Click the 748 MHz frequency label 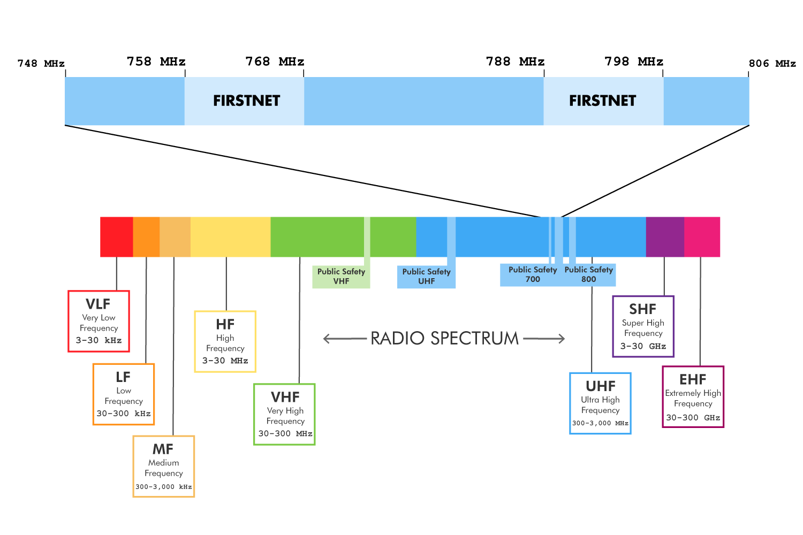click(41, 64)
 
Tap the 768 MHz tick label click(275, 62)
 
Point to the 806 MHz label click(772, 64)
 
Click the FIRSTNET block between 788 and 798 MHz click(603, 101)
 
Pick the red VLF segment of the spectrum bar click(116, 237)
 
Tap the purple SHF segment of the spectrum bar click(665, 237)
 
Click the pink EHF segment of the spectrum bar click(702, 237)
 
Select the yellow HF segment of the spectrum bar click(230, 237)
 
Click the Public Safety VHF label click(341, 277)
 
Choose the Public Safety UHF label click(426, 277)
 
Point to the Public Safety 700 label click(532, 274)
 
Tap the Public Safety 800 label click(588, 274)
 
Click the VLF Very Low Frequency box click(99, 321)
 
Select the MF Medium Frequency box click(163, 467)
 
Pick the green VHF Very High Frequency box click(284, 414)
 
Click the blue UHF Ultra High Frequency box click(600, 403)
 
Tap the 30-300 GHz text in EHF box click(693, 418)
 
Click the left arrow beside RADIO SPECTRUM click(344, 339)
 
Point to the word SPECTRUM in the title click(474, 339)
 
